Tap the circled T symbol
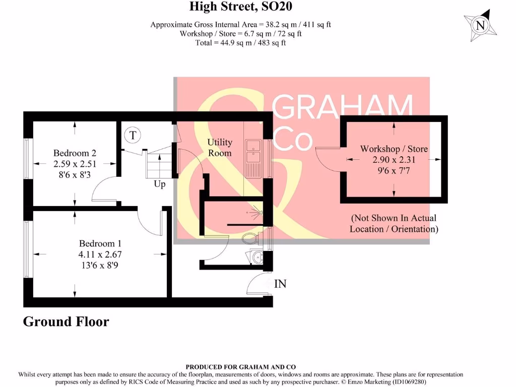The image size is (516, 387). (133, 135)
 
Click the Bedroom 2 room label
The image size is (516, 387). (75, 153)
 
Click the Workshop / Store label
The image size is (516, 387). (394, 149)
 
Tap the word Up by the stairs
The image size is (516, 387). (159, 184)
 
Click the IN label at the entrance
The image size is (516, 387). (280, 284)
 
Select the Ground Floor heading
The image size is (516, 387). (66, 321)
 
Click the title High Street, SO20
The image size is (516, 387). (241, 7)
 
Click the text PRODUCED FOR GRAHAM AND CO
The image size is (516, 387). (240, 367)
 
